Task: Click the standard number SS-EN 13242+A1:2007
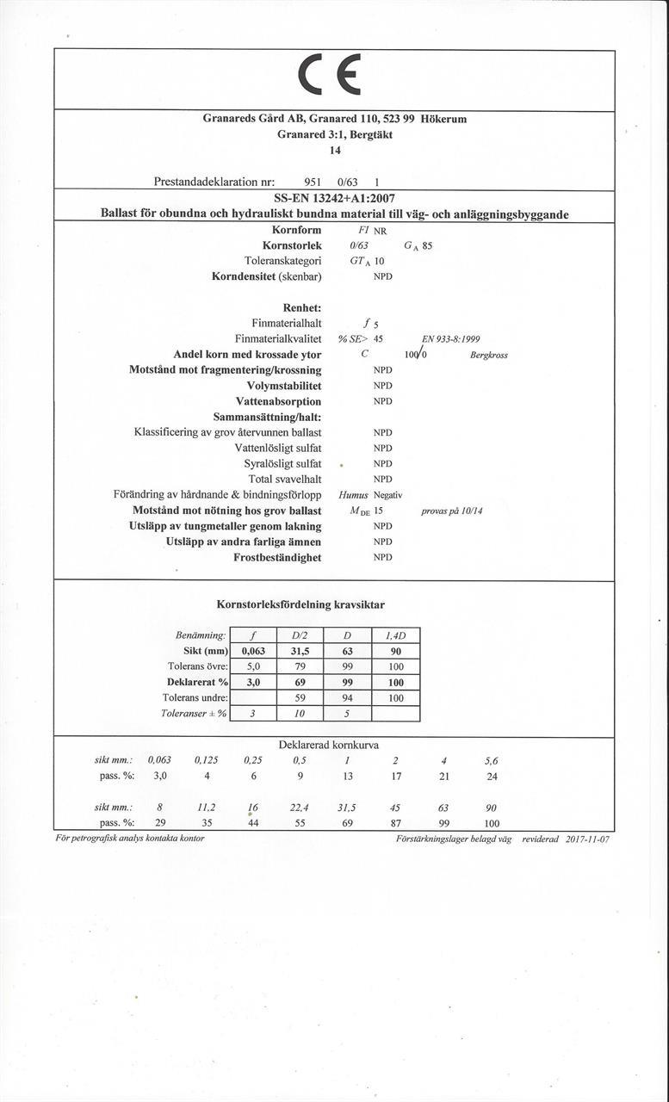[334, 198]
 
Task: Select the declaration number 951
[313, 183]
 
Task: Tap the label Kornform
[296, 230]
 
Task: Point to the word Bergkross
[489, 354]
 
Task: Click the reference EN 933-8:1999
[451, 338]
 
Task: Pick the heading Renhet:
[301, 307]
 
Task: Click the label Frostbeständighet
[277, 557]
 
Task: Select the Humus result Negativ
[387, 495]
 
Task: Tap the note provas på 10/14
[452, 511]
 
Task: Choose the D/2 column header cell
[300, 635]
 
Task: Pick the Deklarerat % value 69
[300, 682]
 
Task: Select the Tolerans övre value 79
[300, 666]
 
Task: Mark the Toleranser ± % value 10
[300, 713]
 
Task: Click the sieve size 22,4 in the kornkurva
[300, 808]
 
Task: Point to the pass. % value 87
[396, 824]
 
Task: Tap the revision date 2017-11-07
[588, 838]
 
